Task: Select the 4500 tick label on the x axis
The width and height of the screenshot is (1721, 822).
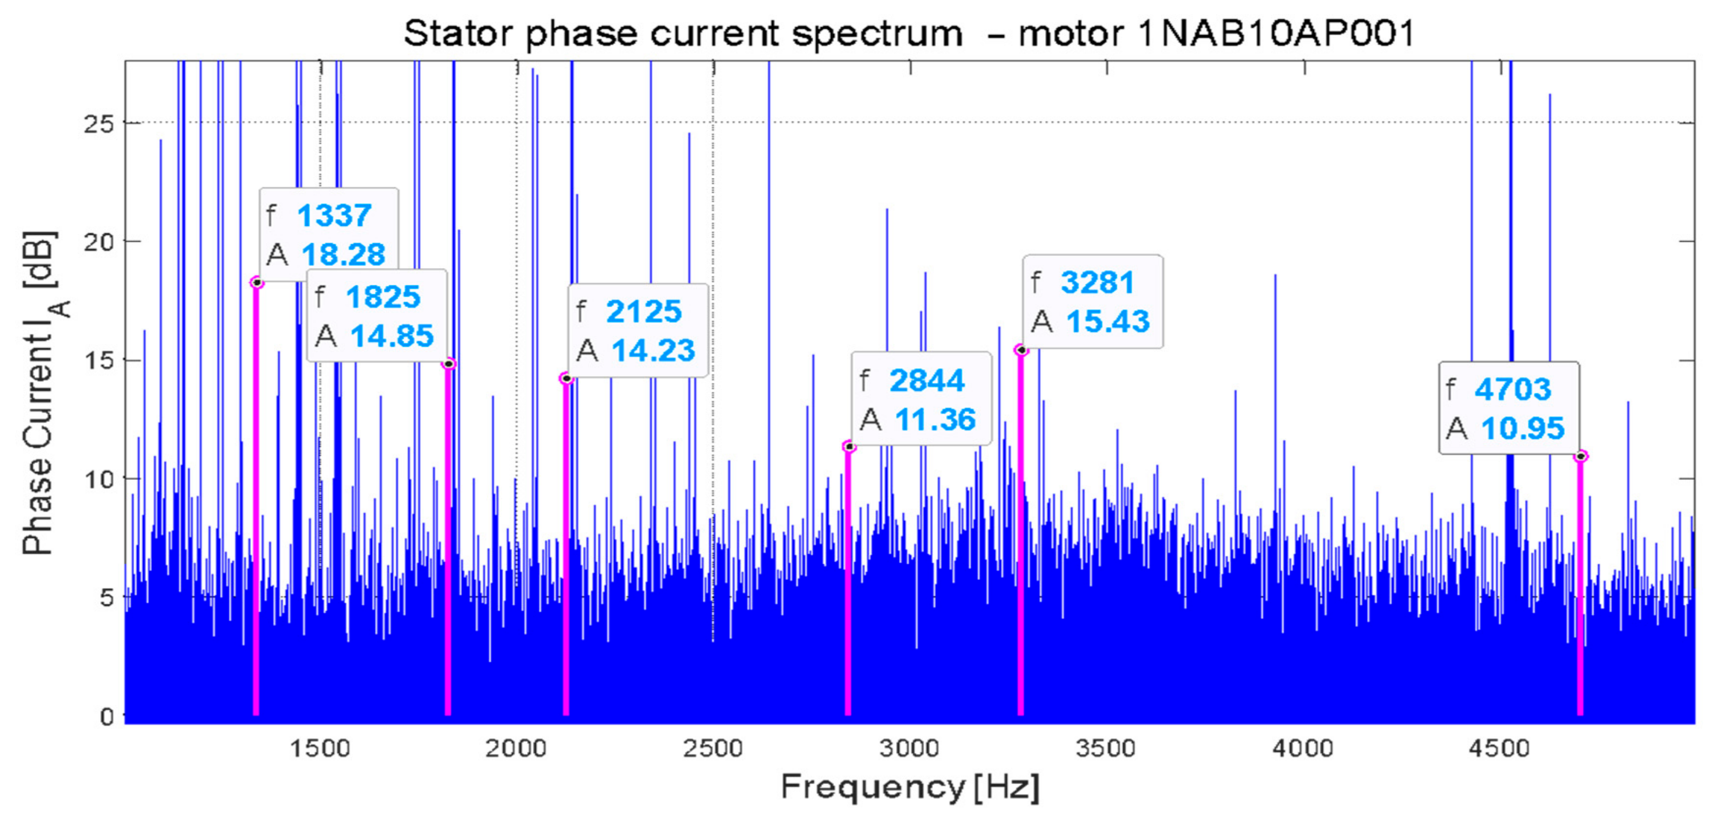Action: [1499, 748]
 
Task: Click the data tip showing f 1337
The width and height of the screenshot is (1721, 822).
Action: [329, 234]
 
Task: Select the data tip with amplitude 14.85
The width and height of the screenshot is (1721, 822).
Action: [377, 315]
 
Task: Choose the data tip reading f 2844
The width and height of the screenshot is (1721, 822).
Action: [921, 399]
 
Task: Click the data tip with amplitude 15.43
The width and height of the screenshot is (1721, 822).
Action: [1093, 301]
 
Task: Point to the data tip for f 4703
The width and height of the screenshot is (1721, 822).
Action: [1509, 408]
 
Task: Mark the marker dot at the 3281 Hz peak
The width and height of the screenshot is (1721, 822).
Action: [1021, 350]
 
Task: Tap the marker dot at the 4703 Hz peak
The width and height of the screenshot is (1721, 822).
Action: [1581, 456]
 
